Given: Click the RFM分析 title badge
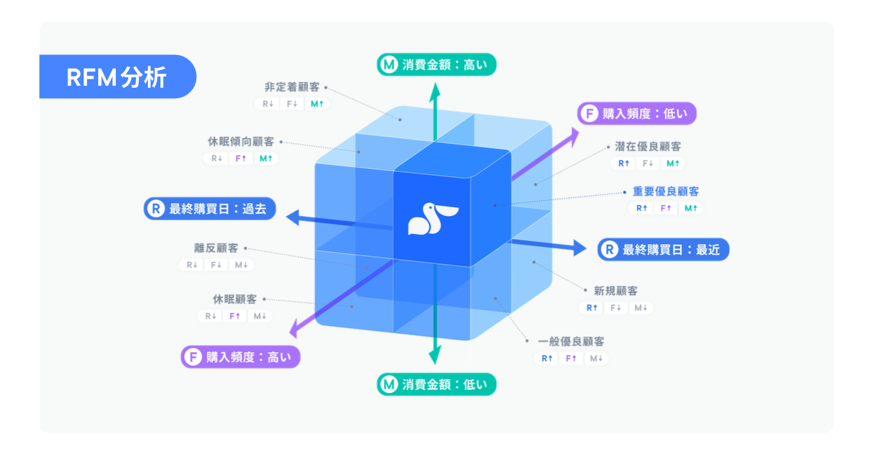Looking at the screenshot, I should click(x=117, y=77).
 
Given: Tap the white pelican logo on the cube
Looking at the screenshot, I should click(x=433, y=218).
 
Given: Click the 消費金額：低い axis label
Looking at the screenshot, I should click(x=437, y=384).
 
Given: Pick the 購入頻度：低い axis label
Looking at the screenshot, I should click(x=637, y=113).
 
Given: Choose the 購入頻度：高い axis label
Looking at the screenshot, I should click(x=240, y=357).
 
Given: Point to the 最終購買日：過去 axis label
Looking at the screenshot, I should click(x=210, y=210).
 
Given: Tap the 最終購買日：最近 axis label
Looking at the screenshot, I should click(x=663, y=249).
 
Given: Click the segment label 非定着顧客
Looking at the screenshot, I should click(x=292, y=87).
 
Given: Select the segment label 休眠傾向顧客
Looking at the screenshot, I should click(x=241, y=141).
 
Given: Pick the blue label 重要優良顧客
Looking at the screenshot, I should click(x=666, y=192).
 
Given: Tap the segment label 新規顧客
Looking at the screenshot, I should click(x=615, y=291).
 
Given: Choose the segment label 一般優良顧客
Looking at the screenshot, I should click(x=571, y=342).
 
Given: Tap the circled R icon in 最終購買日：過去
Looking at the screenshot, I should click(x=156, y=210).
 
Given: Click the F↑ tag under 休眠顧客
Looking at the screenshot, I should click(x=235, y=316).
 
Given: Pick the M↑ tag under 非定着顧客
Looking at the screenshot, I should click(x=317, y=103).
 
